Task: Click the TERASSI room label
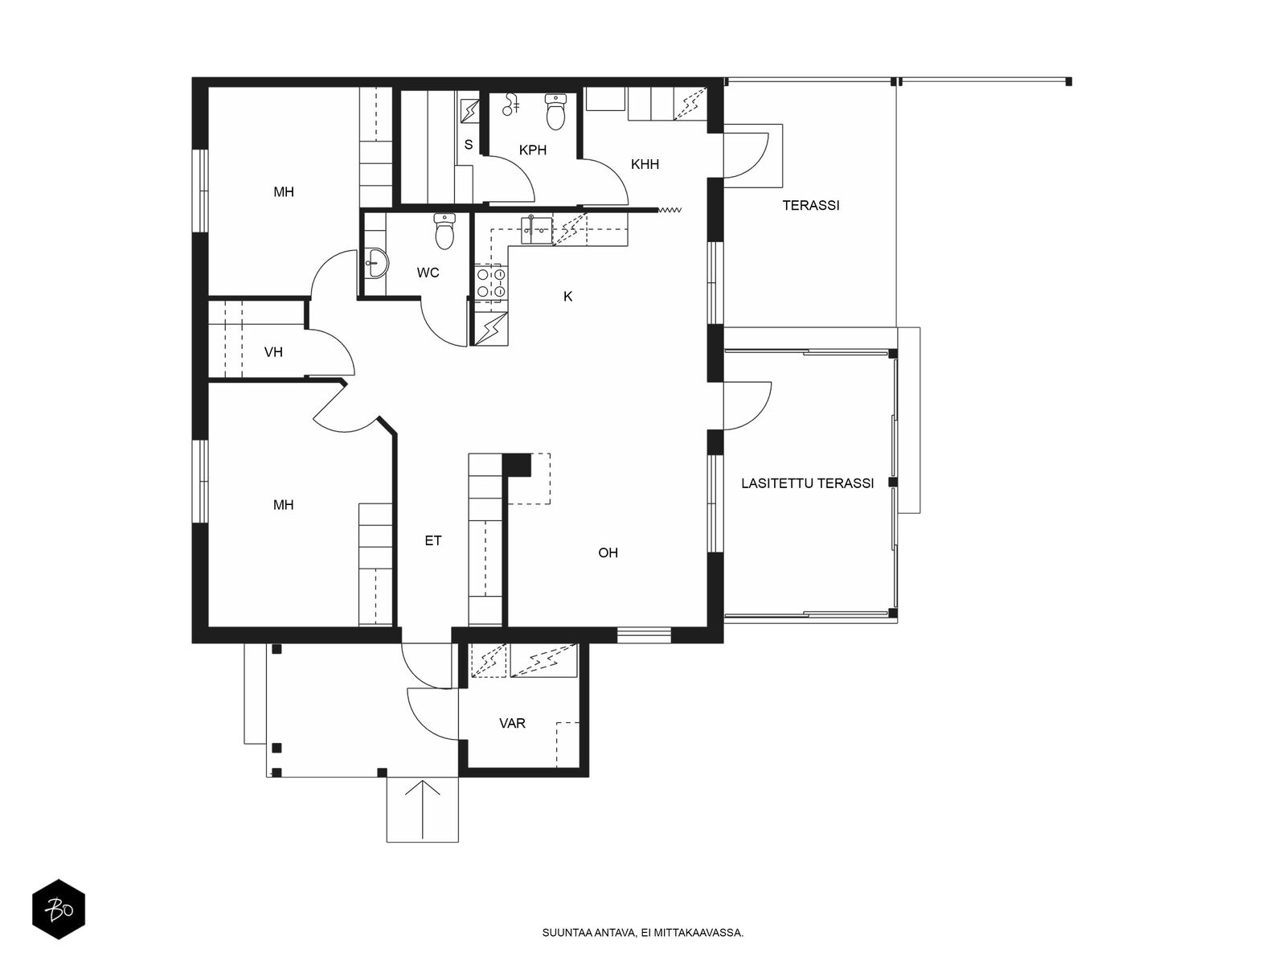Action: pos(810,205)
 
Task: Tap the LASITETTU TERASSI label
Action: pos(807,483)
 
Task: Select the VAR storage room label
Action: pos(512,723)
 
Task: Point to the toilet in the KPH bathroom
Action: pos(555,111)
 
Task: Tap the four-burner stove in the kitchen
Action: pos(490,282)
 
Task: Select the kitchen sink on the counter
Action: pos(536,230)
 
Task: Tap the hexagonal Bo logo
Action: pos(59,910)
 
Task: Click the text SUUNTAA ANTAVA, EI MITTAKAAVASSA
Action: pos(643,932)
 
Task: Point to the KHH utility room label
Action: pos(645,165)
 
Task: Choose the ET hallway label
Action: pos(433,540)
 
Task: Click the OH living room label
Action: pos(608,552)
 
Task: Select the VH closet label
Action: pos(273,352)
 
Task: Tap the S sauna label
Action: pos(468,145)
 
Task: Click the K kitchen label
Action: pos(567,297)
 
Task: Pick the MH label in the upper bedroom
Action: pos(284,191)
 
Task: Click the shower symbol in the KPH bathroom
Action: pos(510,105)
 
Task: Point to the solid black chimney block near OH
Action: pos(517,465)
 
